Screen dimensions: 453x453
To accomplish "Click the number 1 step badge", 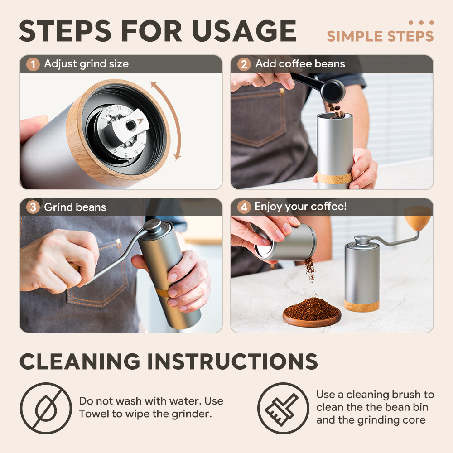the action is (x=33, y=64).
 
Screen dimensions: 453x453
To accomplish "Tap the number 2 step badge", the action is (x=244, y=64).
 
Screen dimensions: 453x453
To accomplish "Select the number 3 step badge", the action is (x=33, y=207).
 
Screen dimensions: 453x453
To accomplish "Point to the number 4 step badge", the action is (x=244, y=207).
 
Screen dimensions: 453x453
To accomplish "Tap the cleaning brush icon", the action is (x=283, y=408).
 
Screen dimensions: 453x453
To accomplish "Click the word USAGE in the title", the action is (x=244, y=31).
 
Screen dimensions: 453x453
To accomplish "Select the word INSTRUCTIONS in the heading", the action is (x=232, y=361).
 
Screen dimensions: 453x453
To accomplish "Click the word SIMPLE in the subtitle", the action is (x=355, y=36).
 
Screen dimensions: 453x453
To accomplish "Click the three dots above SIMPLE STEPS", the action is (x=421, y=23).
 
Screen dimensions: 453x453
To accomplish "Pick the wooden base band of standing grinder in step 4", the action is (x=361, y=305).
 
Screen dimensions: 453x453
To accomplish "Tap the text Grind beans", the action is (x=75, y=207).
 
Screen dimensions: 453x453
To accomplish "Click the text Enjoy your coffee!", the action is (x=300, y=207).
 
